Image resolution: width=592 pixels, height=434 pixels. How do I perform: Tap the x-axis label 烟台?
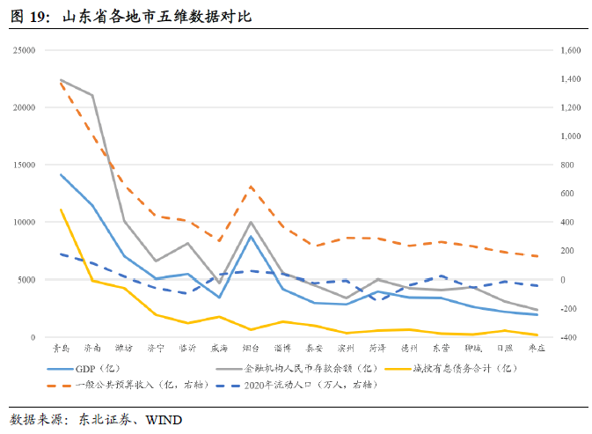(x=252, y=349)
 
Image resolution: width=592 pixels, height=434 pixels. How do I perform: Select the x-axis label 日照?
(x=504, y=349)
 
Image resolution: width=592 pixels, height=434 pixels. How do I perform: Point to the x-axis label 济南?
(x=91, y=349)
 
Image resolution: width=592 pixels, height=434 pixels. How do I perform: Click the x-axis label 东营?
(x=441, y=349)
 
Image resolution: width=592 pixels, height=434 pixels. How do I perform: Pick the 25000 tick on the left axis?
(x=23, y=50)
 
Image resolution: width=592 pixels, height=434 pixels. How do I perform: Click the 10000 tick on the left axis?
(x=23, y=222)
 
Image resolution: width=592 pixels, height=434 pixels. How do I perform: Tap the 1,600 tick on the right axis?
(x=570, y=50)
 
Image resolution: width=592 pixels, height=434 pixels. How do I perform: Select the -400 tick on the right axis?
(x=570, y=337)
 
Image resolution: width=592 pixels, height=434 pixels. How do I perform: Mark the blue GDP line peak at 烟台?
(x=252, y=236)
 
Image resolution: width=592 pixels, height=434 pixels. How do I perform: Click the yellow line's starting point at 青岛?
(x=61, y=210)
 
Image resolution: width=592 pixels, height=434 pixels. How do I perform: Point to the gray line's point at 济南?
(x=92, y=95)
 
